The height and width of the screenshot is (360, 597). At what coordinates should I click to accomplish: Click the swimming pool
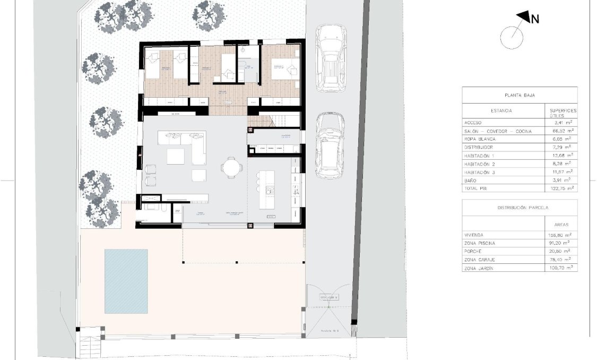[x=126, y=281]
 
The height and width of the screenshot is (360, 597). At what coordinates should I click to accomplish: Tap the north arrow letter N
[x=535, y=19]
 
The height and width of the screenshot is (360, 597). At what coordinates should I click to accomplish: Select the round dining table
[x=232, y=167]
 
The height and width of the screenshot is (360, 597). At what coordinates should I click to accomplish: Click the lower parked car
[x=330, y=146]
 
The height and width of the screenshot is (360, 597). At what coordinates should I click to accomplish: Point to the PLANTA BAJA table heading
[x=519, y=95]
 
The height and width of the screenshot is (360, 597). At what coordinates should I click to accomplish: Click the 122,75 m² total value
[x=563, y=188]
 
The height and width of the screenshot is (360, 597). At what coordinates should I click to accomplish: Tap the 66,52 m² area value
[x=563, y=131]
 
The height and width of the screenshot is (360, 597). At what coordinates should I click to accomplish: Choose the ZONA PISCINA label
[x=479, y=243]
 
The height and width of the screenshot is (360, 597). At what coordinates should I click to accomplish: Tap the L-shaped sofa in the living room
[x=186, y=146]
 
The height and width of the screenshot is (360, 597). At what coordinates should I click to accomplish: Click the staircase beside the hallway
[x=275, y=121]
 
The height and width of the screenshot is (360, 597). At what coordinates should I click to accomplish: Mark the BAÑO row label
[x=471, y=181]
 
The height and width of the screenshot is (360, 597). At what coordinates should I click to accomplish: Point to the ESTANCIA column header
[x=501, y=112]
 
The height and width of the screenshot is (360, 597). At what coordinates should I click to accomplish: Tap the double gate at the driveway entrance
[x=328, y=308]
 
